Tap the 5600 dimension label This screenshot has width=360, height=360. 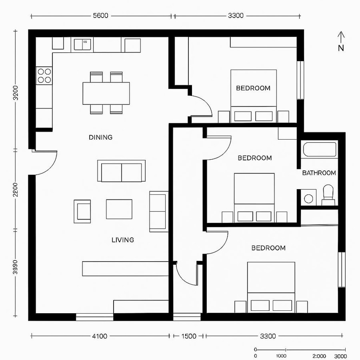pos(100,16)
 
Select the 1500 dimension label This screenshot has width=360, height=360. pos(188,336)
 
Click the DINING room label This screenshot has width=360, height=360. pos(100,137)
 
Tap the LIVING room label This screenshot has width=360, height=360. pos(122,240)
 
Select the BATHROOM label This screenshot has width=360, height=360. pos(319,173)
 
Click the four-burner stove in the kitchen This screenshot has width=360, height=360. pos(44,76)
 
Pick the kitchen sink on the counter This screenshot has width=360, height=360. pos(82,44)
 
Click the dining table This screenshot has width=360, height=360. pos(106,93)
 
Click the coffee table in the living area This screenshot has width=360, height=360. pos(119,209)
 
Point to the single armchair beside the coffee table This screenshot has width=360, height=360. pos(82,210)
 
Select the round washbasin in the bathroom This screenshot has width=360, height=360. pos(308,198)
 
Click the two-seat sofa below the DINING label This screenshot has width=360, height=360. pos(121,171)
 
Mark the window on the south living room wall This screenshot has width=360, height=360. pos(94,317)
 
